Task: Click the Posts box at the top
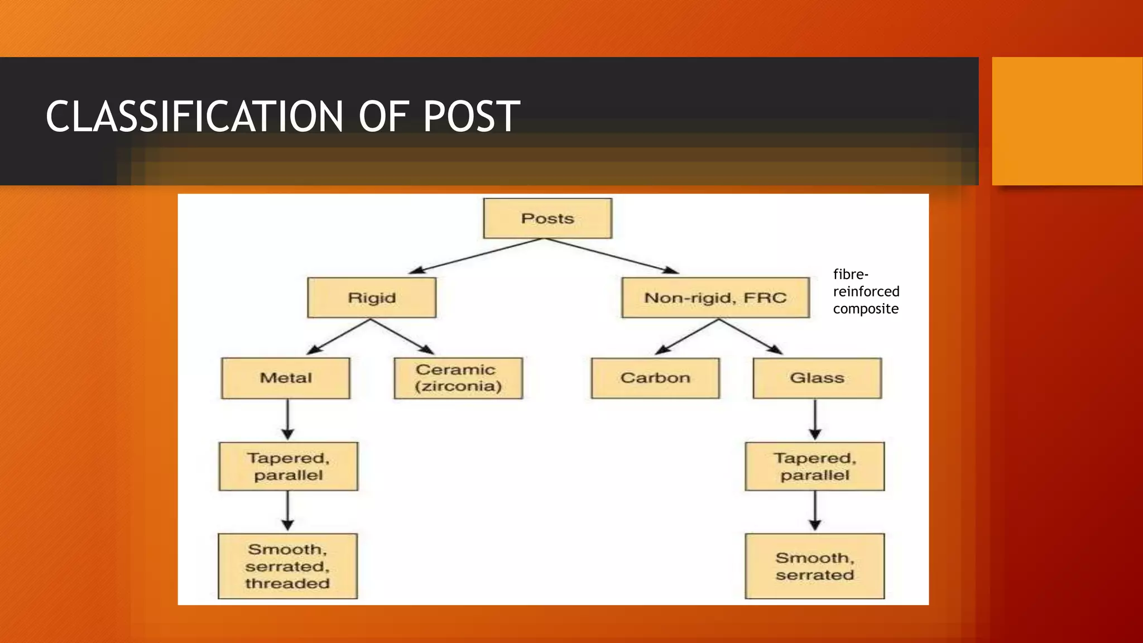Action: coord(548,218)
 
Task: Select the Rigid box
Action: coord(372,297)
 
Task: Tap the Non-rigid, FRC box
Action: coord(715,297)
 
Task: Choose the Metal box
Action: coord(286,378)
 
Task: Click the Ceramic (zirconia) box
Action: coord(458,378)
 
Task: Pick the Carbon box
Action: coord(655,378)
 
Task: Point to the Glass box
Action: coord(817,378)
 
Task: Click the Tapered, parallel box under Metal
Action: coord(289,467)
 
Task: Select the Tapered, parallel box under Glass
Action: coord(815,467)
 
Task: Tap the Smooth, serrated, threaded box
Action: coord(287,566)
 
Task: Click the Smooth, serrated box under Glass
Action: coord(815,566)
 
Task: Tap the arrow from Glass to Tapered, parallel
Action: coord(815,420)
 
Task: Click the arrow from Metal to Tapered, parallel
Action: coord(288,420)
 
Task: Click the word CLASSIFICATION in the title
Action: coord(194,117)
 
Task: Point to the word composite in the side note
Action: coord(866,309)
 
